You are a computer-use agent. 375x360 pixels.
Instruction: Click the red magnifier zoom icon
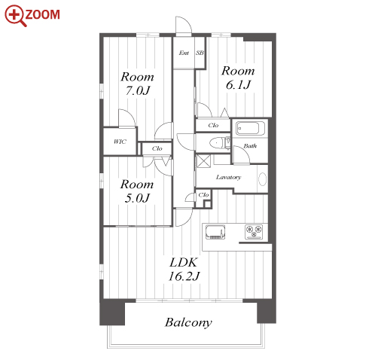15,16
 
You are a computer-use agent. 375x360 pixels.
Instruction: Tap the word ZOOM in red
43,14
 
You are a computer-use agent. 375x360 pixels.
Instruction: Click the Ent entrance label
184,53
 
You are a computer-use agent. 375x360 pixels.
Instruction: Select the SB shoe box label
200,53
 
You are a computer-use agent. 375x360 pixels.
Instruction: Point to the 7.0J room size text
138,90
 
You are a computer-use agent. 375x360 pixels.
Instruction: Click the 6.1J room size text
238,84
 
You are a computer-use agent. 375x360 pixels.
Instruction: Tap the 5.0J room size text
137,198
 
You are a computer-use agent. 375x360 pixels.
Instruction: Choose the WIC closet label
120,142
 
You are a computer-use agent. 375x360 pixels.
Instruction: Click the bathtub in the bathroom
250,128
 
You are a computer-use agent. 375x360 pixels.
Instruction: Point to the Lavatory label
228,177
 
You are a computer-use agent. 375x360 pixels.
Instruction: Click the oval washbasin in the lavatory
263,179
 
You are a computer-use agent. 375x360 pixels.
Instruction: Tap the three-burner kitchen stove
254,232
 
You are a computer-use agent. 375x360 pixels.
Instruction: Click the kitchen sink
215,232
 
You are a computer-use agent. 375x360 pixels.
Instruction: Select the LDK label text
184,263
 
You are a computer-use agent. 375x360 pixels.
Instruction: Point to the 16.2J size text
184,276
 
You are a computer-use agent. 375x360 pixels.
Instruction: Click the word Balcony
188,322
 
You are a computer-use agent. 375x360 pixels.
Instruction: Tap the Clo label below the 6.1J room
213,125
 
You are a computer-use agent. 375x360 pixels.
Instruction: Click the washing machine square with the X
203,161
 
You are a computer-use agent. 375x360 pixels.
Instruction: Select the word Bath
250,145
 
